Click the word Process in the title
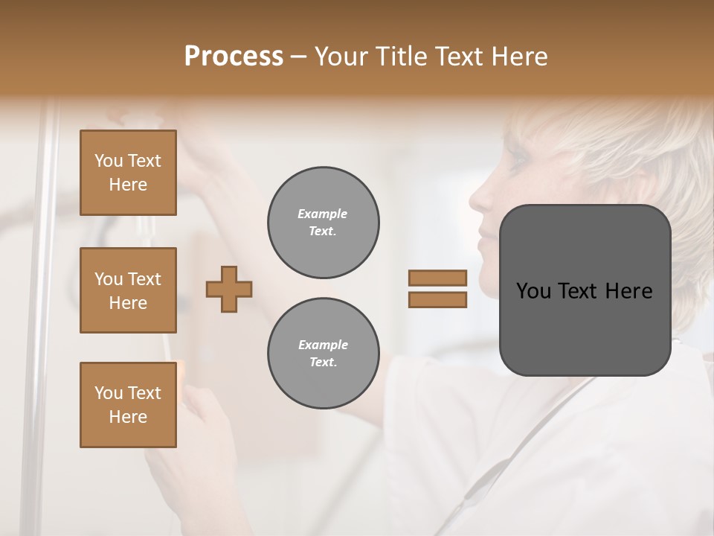click(x=234, y=57)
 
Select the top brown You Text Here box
click(x=128, y=173)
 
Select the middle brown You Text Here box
click(x=128, y=290)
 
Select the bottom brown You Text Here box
click(x=128, y=404)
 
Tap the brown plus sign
click(x=229, y=289)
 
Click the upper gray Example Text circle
click(x=323, y=223)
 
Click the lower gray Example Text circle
click(x=323, y=354)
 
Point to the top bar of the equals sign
click(x=437, y=278)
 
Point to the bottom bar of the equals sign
click(x=437, y=300)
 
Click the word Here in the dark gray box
click(x=628, y=291)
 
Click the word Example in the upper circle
click(x=323, y=214)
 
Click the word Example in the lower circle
click(x=323, y=345)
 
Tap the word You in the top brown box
click(x=109, y=161)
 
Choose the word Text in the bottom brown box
click(x=144, y=392)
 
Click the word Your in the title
click(x=342, y=57)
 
